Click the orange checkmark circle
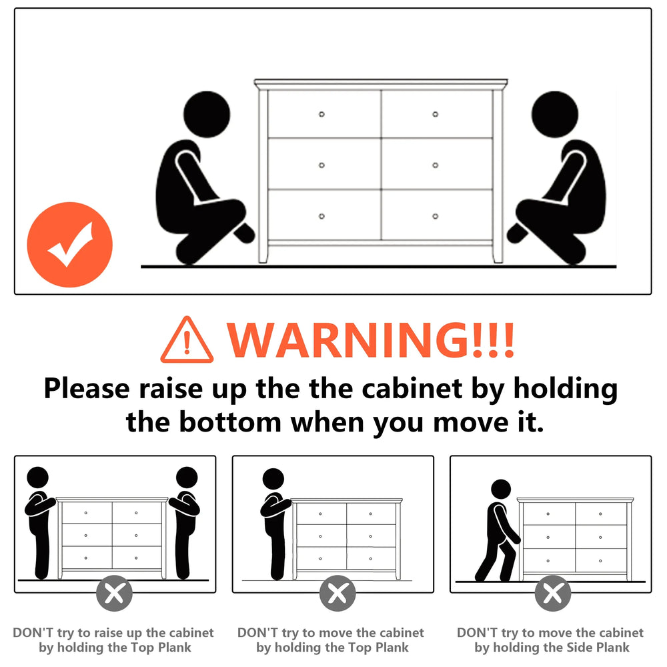[x=70, y=245]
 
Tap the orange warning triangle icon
[x=187, y=340]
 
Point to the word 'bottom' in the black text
[x=230, y=422]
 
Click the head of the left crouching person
[x=207, y=114]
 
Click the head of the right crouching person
[x=555, y=114]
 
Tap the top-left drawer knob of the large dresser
[x=321, y=114]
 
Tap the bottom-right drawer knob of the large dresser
[x=435, y=216]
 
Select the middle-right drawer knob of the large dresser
[x=435, y=165]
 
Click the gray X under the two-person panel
[x=114, y=593]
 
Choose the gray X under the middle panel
[x=338, y=593]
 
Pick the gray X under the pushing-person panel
[x=553, y=593]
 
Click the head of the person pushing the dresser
[x=501, y=489]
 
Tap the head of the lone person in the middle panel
[x=273, y=479]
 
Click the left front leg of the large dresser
[x=263, y=254]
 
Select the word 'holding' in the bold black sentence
[x=566, y=390]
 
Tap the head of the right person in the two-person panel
[x=187, y=478]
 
